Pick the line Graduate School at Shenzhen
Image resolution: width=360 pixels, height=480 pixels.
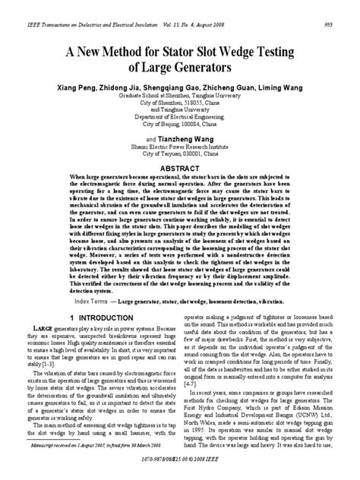pos(180,97)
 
